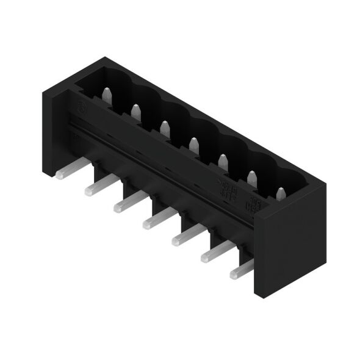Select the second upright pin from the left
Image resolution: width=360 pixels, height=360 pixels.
coord(135,111)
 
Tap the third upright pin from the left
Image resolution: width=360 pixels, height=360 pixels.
coord(164,127)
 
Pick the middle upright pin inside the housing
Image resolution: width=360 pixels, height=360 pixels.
coord(193,144)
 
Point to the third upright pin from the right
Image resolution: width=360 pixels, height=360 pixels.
coord(223,160)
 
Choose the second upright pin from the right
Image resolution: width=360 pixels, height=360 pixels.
coord(251,177)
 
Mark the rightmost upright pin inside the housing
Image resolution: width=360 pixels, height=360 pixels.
coord(280,194)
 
